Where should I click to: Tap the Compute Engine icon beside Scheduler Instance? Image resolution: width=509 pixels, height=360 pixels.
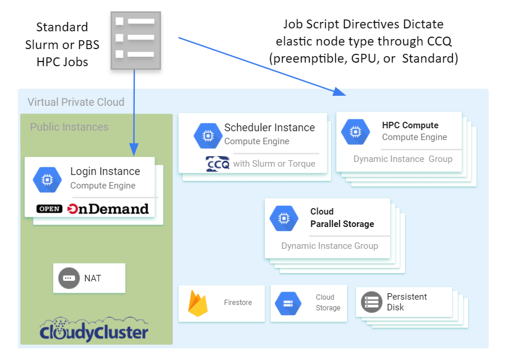[208, 135]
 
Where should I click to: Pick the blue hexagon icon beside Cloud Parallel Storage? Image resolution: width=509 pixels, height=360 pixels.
[284, 218]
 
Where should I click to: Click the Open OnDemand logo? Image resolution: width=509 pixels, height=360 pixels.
[92, 209]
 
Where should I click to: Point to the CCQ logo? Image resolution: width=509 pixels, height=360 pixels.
[217, 164]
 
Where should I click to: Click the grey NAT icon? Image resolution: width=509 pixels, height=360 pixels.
[69, 278]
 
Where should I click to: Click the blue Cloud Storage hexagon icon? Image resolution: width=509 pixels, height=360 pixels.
[288, 303]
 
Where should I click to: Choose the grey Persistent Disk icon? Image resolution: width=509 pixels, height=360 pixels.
[371, 302]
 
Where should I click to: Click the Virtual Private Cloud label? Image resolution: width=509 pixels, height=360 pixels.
[76, 102]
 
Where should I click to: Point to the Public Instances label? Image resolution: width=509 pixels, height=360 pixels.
[69, 127]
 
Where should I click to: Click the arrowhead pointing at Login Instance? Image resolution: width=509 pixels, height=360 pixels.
[134, 148]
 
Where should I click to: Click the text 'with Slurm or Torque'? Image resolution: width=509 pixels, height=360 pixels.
[274, 164]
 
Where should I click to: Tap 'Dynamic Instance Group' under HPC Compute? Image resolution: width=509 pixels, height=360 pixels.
[403, 159]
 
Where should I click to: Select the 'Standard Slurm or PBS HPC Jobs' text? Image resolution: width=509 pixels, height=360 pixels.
[62, 44]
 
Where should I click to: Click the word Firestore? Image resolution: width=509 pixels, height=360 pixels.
[238, 303]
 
